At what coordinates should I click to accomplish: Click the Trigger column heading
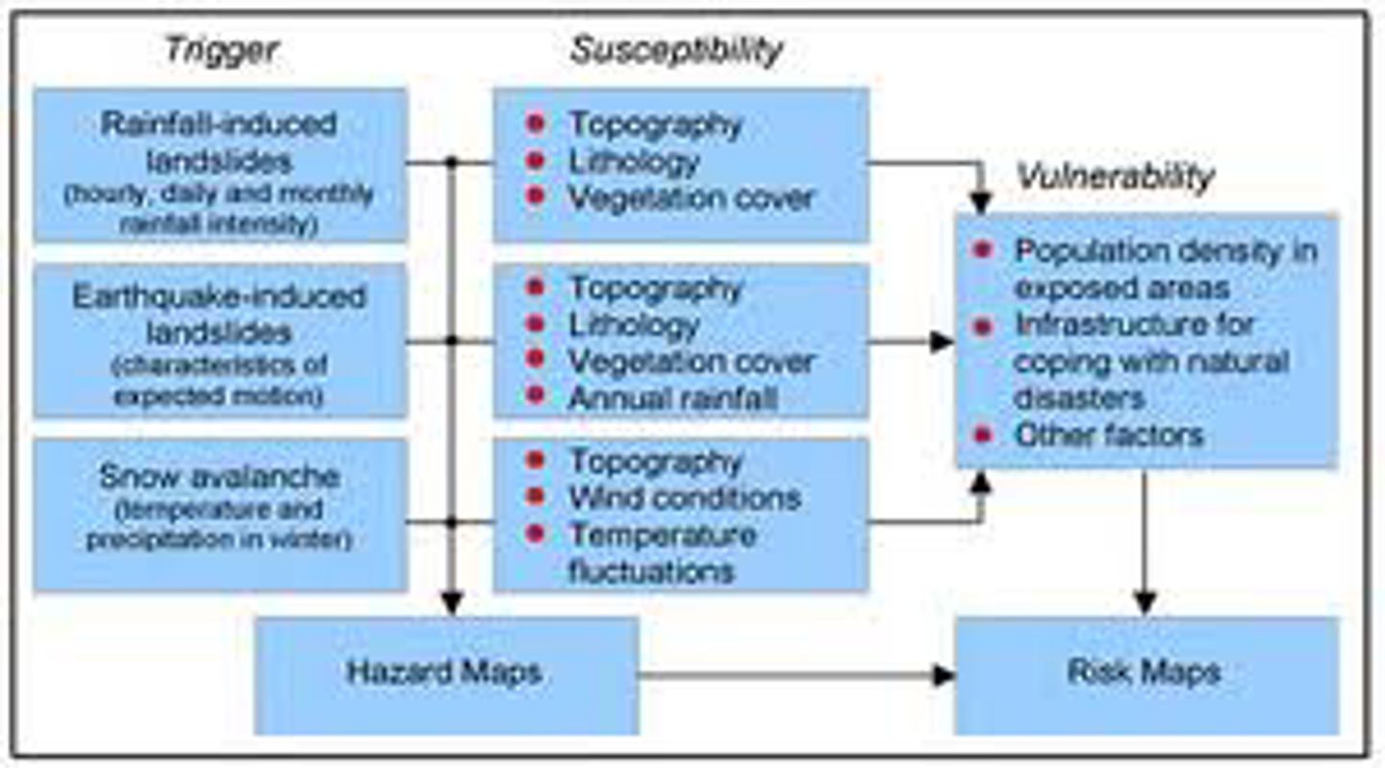pos(222,50)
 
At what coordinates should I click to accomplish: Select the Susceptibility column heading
pos(677,50)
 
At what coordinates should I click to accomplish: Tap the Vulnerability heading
pos(1116,176)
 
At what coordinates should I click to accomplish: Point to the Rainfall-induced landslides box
pos(220,165)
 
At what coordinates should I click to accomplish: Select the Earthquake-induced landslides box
pos(220,340)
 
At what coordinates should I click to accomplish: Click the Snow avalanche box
pos(220,514)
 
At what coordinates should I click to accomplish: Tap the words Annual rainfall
pos(672,398)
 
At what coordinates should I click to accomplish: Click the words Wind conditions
pos(684,498)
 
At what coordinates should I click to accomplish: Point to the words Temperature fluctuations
pos(662,553)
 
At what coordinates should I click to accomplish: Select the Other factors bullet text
pos(1109,434)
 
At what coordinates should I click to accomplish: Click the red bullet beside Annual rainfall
pos(536,395)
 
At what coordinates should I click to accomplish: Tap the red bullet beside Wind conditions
pos(536,497)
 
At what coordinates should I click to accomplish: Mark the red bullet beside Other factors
pos(982,434)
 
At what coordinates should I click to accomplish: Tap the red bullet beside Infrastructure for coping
pos(982,327)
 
